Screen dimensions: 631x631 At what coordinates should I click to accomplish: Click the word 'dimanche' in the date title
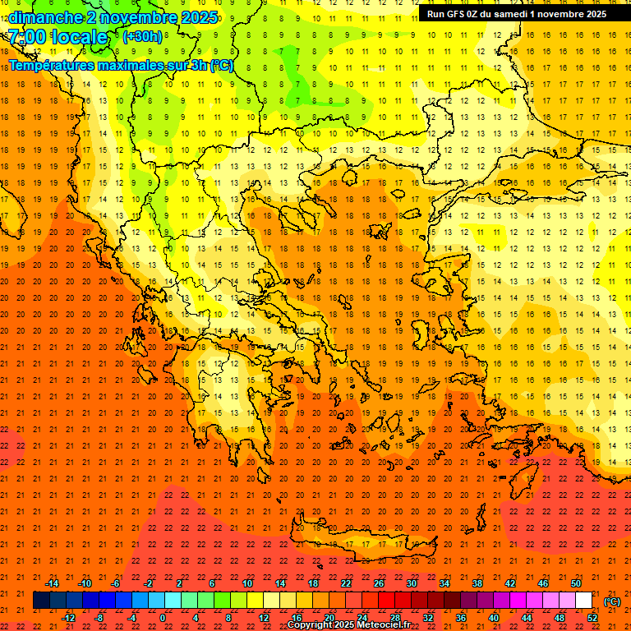tap(45, 17)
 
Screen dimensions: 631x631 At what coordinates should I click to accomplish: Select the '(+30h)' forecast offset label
tap(142, 36)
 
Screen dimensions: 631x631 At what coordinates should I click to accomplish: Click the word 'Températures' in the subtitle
tap(50, 65)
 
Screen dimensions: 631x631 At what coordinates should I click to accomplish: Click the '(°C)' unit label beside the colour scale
tap(612, 601)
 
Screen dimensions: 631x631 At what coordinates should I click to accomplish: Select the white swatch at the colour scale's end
tap(584, 601)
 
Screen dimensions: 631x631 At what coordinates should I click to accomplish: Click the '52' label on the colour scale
tap(592, 618)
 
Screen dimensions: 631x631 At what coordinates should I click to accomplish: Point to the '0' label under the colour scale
tap(163, 618)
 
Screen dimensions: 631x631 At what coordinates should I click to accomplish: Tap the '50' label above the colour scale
tap(576, 583)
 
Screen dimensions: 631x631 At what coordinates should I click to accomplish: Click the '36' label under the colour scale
tap(461, 618)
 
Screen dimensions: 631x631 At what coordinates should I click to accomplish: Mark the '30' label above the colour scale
tap(412, 583)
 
